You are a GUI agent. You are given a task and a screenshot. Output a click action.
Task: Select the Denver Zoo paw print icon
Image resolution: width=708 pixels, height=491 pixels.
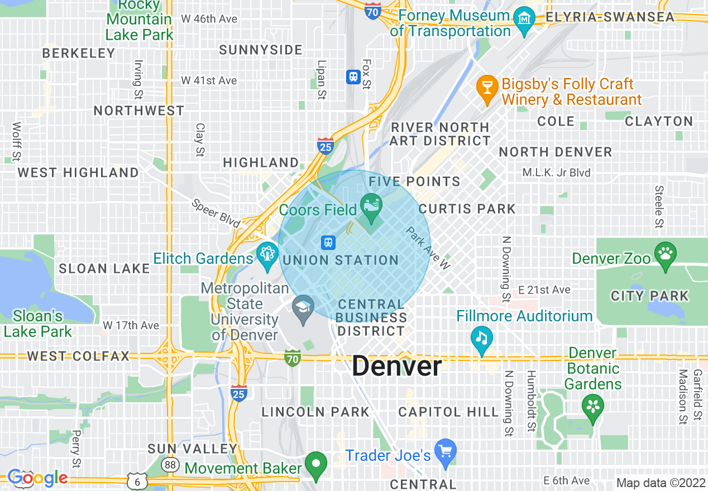665,256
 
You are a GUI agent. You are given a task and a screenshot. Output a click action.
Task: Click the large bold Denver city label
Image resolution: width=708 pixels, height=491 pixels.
397,367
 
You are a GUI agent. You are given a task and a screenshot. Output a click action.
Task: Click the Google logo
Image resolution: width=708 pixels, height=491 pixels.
37,478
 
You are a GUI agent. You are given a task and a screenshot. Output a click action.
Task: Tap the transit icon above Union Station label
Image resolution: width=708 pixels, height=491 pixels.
328,243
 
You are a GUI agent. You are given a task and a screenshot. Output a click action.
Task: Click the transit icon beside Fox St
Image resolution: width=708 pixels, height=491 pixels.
353,77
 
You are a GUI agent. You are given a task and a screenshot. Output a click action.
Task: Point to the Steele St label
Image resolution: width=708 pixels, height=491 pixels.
659,207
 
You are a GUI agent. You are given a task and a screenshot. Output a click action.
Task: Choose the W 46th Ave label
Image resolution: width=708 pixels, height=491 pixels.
209,19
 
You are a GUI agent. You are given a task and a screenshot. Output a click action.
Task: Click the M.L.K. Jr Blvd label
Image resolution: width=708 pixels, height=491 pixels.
556,172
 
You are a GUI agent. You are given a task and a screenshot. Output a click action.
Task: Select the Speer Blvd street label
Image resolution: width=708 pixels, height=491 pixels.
216,213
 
